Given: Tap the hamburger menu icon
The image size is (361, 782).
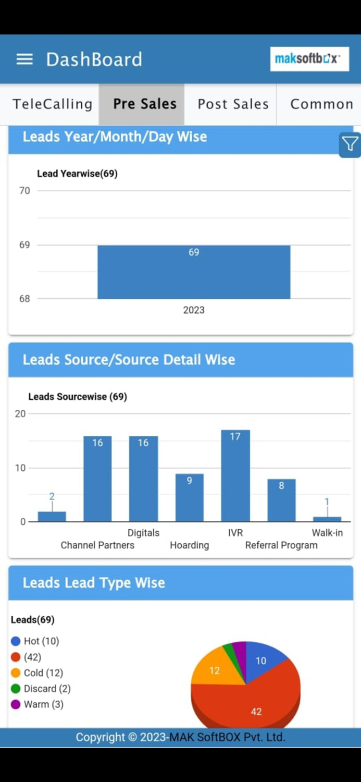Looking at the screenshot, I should [x=24, y=59].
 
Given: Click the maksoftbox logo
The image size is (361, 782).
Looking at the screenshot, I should [x=309, y=59].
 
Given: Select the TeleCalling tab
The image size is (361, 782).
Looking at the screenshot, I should [x=52, y=104].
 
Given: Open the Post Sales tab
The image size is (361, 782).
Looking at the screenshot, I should [x=233, y=104].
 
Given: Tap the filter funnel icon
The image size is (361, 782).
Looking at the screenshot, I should [x=350, y=144].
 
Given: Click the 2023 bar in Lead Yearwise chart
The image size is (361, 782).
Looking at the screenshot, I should [x=194, y=274].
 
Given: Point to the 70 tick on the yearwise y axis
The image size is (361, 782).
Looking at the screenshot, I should [x=24, y=191].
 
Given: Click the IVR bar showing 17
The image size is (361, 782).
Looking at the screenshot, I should [x=235, y=477].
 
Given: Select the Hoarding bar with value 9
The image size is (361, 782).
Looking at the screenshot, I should [x=189, y=498].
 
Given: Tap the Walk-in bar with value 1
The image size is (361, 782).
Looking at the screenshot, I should [x=327, y=519].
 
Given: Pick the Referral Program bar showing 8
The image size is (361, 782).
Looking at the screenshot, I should [x=281, y=500].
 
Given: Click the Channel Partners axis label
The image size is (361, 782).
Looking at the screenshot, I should [x=97, y=545].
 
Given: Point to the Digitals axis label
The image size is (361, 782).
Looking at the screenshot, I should [x=143, y=533].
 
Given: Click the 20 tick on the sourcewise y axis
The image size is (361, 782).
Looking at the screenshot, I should [x=20, y=414].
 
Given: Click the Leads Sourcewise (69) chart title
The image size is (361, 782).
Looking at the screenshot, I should [x=78, y=397].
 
